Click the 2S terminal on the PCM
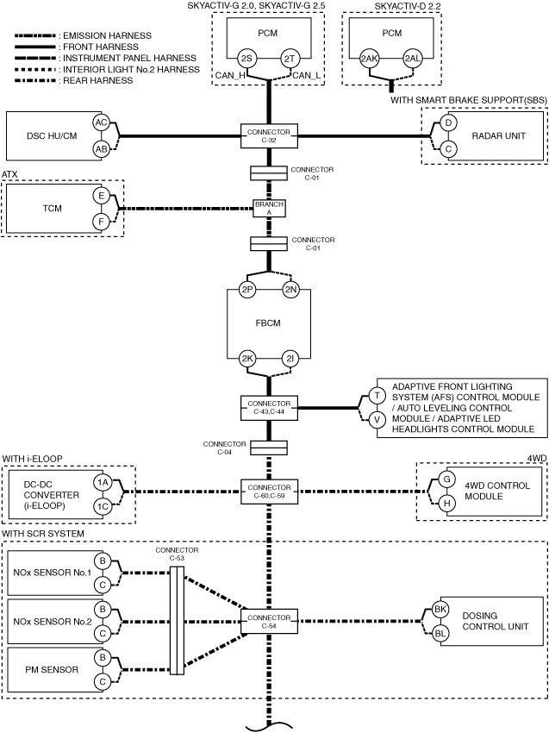coord(246,59)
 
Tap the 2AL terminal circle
coord(413,59)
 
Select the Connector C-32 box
coord(269,136)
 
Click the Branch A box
coord(269,208)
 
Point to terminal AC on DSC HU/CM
coord(101,123)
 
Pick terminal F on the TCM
coord(101,221)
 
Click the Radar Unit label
coord(498,135)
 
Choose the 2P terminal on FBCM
coord(246,290)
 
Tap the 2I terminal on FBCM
coord(290,359)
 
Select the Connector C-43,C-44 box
coord(269,408)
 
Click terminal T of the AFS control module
coord(377,396)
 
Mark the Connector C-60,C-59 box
coord(269,492)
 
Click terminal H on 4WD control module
coord(447,503)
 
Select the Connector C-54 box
coord(269,621)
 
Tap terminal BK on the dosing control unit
coord(440,610)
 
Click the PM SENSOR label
coord(52,669)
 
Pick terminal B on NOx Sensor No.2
coord(102,610)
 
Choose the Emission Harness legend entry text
coord(107,35)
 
